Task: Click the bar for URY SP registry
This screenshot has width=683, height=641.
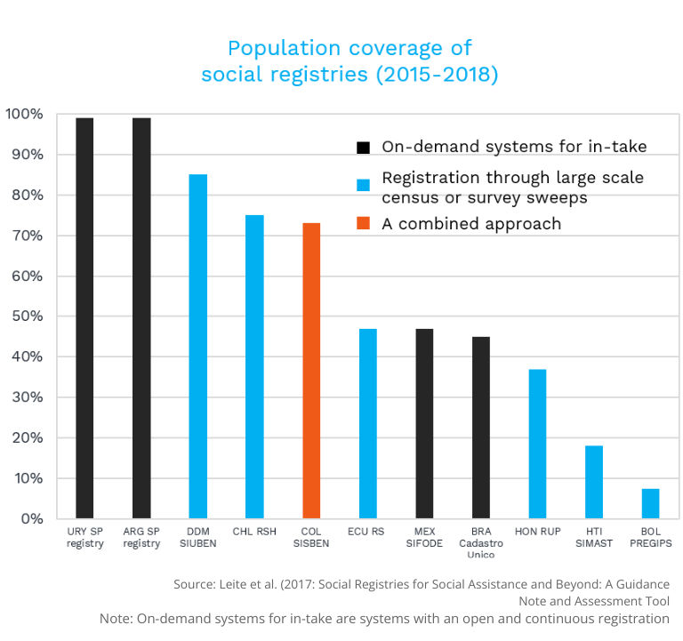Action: [84, 318]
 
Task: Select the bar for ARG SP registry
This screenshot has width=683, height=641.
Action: [141, 318]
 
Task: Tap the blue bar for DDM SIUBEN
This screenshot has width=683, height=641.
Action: [198, 347]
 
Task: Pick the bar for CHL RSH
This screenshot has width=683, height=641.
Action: [254, 367]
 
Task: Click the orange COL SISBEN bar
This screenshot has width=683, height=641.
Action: [311, 371]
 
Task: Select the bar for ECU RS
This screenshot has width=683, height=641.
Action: [367, 423]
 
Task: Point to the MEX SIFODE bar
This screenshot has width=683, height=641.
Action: [424, 423]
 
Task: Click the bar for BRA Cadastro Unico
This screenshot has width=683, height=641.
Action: [481, 428]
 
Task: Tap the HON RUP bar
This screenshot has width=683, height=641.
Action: [537, 444]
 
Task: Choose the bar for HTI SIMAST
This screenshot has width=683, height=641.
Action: [594, 482]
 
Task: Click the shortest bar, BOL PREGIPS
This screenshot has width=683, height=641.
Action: [650, 503]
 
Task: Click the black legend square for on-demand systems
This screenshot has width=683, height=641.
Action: [363, 148]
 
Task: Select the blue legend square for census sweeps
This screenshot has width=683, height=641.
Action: [363, 186]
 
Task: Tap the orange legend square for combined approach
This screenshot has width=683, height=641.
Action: [363, 224]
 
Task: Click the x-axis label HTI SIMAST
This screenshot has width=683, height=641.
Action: [593, 538]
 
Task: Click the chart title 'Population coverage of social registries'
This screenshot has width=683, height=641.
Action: [350, 60]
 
